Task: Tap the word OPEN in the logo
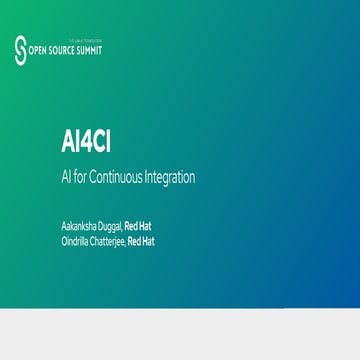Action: point(39,48)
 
